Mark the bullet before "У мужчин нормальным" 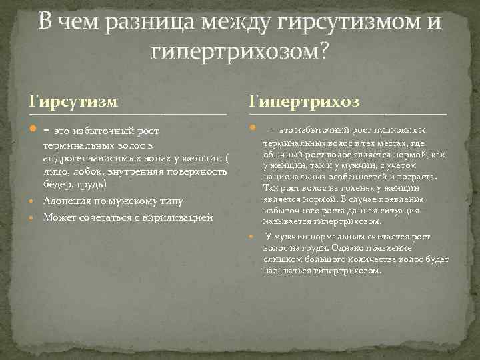point(252,237)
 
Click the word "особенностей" point(363,177)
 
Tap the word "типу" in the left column point(169,201)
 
